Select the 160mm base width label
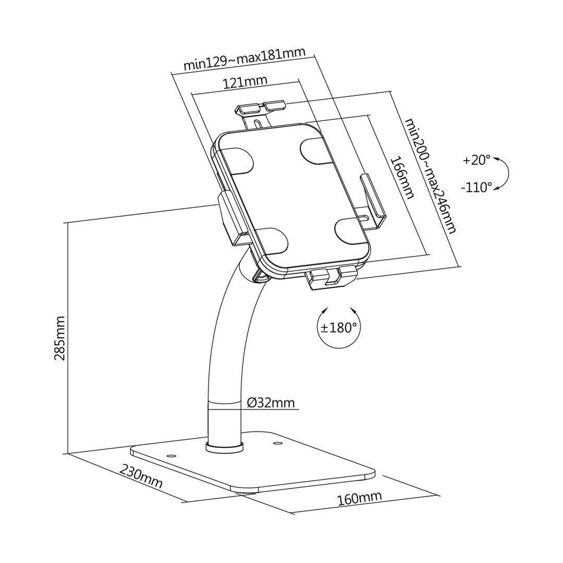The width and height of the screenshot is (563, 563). coord(359,498)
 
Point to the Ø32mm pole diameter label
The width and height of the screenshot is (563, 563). coord(271,403)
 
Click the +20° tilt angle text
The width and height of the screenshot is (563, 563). coord(476,160)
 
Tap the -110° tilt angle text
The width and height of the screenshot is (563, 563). coord(476,187)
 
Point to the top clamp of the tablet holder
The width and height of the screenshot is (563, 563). coord(261,108)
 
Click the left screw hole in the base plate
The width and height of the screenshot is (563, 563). coord(170,455)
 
